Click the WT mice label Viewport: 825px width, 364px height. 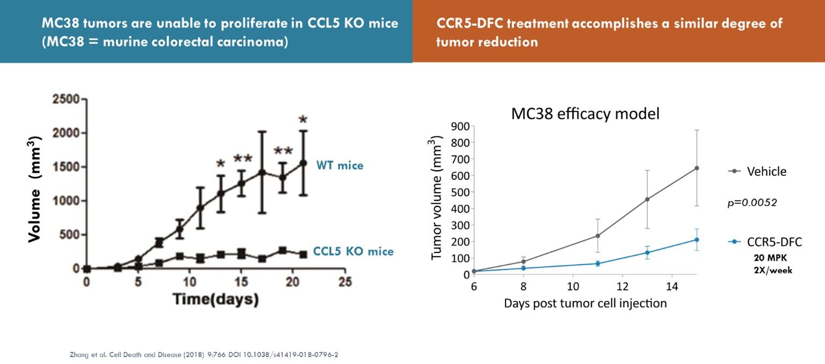click(339, 165)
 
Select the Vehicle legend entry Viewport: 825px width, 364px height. click(766, 172)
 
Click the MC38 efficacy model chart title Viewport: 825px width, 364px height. click(585, 114)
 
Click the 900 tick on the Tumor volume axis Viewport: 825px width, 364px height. click(461, 126)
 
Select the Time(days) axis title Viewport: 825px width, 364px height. click(215, 299)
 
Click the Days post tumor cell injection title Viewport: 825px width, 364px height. click(585, 303)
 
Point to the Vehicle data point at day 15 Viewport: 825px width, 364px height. click(697, 168)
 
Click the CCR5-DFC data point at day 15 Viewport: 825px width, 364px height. click(697, 239)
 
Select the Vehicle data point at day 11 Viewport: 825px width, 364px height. click(597, 236)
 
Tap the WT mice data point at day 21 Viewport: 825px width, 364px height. click(303, 163)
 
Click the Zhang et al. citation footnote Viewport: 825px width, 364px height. click(208, 354)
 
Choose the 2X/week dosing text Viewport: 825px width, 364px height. click(774, 270)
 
